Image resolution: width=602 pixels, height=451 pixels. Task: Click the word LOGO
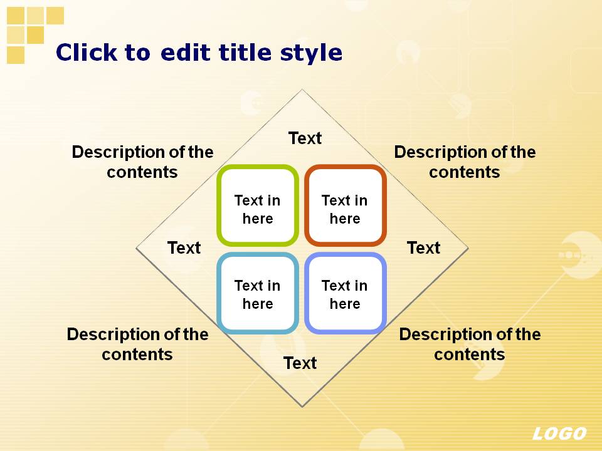559,433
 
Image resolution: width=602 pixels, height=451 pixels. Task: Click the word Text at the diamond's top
305,138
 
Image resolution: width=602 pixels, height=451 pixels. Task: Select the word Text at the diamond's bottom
300,363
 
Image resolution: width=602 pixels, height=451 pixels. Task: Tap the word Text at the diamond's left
184,248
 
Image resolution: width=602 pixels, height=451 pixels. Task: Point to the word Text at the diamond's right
423,248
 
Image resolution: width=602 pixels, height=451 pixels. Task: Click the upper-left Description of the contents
142,162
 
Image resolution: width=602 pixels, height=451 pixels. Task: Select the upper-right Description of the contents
465,162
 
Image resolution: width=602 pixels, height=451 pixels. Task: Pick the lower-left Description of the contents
137,344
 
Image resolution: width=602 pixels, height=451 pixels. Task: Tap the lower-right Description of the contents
470,344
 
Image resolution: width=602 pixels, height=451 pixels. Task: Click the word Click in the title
87,52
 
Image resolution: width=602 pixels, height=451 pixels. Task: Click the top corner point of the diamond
302,90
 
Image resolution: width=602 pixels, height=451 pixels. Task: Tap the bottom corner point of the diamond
302,407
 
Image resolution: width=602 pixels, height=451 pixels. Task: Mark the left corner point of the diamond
136,248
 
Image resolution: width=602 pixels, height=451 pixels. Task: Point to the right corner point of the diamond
468,248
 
